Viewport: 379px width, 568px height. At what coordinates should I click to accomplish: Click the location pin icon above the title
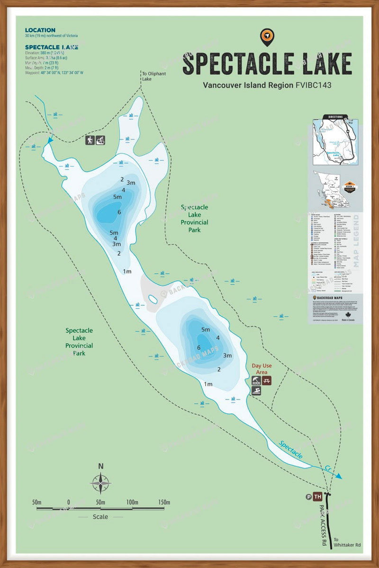tap(267, 36)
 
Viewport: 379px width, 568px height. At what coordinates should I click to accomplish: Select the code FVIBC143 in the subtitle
tap(313, 86)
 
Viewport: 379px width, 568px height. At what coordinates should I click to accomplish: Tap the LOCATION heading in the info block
tap(40, 30)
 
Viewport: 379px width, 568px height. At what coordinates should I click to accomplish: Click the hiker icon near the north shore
tap(90, 140)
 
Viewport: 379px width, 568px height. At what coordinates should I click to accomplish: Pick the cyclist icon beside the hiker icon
tap(100, 140)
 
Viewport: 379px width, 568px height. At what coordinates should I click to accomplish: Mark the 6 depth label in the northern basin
tap(119, 212)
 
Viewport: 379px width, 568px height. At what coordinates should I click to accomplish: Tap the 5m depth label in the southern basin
tap(206, 329)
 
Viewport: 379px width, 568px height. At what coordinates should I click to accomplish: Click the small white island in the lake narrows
tap(153, 300)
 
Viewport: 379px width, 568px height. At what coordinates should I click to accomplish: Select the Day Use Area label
tap(262, 369)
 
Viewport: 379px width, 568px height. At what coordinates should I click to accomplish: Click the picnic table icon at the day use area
tap(267, 380)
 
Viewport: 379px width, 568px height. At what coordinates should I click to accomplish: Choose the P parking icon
tap(309, 497)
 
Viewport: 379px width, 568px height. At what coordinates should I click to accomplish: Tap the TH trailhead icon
tap(317, 497)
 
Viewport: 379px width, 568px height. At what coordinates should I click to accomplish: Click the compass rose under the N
tap(100, 483)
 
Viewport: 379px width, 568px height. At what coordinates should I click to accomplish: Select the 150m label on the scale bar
tap(164, 502)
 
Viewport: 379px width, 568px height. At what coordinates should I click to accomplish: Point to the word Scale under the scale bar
tap(100, 517)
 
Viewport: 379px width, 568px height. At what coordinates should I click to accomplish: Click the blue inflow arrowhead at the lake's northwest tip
tap(51, 140)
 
